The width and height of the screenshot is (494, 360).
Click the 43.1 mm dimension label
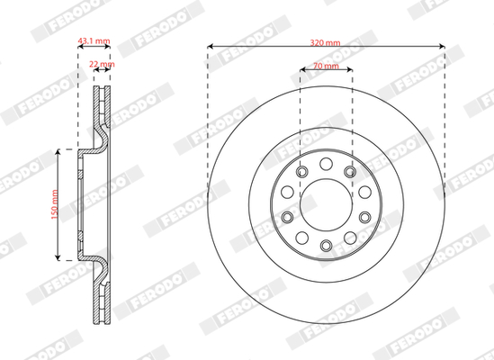click(x=94, y=40)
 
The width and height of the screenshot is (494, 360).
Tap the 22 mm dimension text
click(x=102, y=64)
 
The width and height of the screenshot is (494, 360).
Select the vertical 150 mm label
click(x=55, y=204)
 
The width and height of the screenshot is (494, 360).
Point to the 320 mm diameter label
click(x=326, y=42)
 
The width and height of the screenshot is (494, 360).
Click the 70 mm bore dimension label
click(x=326, y=66)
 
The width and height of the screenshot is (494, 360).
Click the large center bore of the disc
click(x=326, y=204)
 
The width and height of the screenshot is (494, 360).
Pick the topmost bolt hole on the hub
click(x=326, y=164)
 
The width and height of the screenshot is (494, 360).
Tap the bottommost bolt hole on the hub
click(x=326, y=246)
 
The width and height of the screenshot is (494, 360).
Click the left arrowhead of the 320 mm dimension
click(x=211, y=47)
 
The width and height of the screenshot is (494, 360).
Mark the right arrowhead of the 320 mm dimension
click(x=442, y=47)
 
